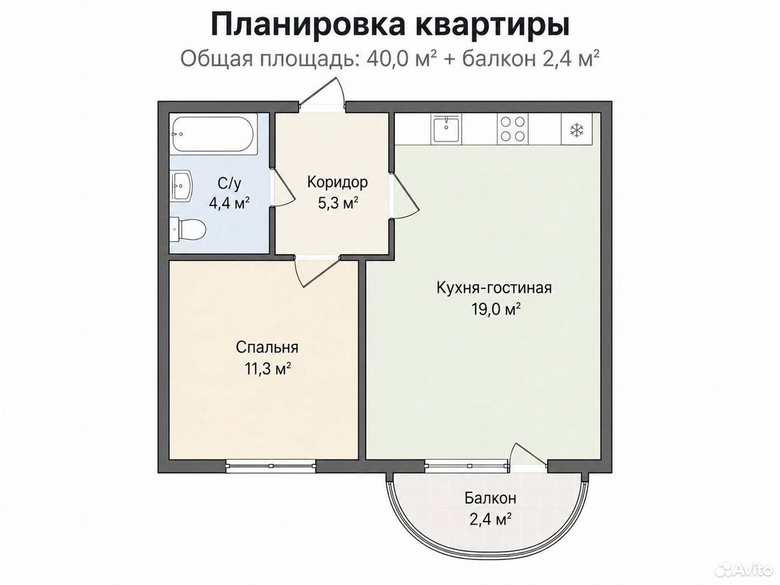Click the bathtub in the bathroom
pyautogui.click(x=214, y=134)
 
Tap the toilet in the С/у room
pyautogui.click(x=188, y=229)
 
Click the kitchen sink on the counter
pyautogui.click(x=446, y=129)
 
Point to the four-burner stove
pyautogui.click(x=512, y=129)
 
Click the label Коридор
pyautogui.click(x=337, y=183)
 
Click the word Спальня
pyautogui.click(x=267, y=347)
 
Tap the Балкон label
pyautogui.click(x=491, y=498)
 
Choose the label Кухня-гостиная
pyautogui.click(x=494, y=288)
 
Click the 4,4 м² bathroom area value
pyautogui.click(x=229, y=204)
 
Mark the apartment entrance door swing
pyautogui.click(x=322, y=91)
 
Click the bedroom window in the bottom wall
pyautogui.click(x=271, y=466)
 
